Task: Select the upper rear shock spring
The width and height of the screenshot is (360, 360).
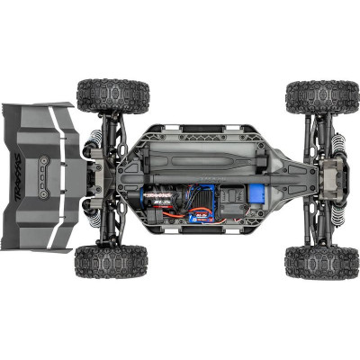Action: tap(91, 136)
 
